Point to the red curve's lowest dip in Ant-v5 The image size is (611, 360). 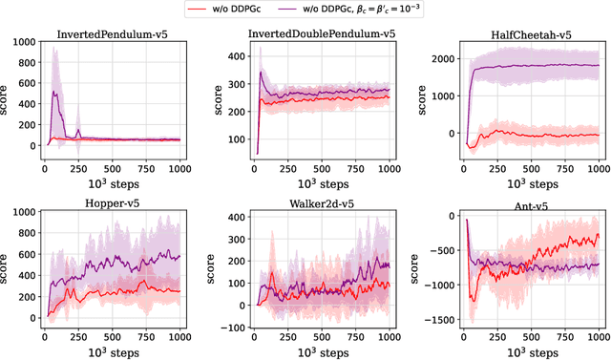tap(470, 299)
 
